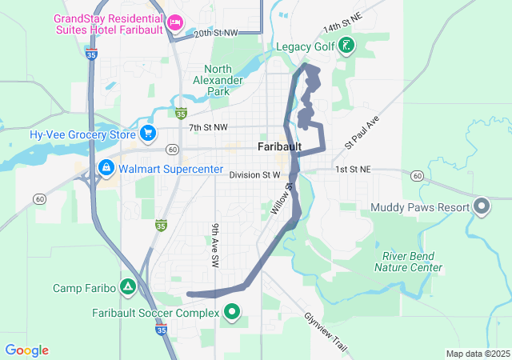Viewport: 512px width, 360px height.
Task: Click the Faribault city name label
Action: tap(279, 147)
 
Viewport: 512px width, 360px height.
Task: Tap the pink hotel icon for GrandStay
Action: tap(175, 22)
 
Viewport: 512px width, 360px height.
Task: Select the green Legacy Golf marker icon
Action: tap(346, 46)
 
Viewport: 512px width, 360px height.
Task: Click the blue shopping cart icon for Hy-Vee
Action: tap(147, 134)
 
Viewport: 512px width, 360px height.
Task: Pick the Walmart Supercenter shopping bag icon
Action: tap(106, 168)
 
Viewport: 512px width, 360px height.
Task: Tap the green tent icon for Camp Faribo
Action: tap(127, 287)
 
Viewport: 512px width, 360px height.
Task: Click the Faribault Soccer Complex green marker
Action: tap(233, 312)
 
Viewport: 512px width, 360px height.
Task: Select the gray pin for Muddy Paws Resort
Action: tap(481, 207)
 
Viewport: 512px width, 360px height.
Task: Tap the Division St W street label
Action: tap(254, 174)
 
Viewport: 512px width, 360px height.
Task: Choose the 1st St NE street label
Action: tap(353, 170)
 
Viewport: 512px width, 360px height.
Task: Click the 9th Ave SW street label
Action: tap(215, 245)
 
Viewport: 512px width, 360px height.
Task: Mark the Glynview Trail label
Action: tap(326, 334)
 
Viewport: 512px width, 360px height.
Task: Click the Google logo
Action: tap(26, 350)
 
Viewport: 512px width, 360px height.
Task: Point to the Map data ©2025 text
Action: tap(477, 354)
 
